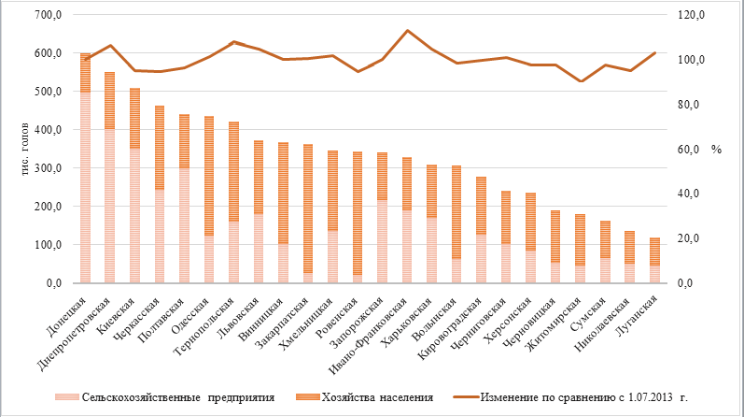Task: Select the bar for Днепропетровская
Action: pyautogui.click(x=110, y=178)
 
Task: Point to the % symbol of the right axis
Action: pyautogui.click(x=716, y=149)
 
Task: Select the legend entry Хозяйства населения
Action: pyautogui.click(x=373, y=397)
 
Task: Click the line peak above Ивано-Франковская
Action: pyautogui.click(x=407, y=31)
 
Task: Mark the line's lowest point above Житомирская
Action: pyautogui.click(x=581, y=81)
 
